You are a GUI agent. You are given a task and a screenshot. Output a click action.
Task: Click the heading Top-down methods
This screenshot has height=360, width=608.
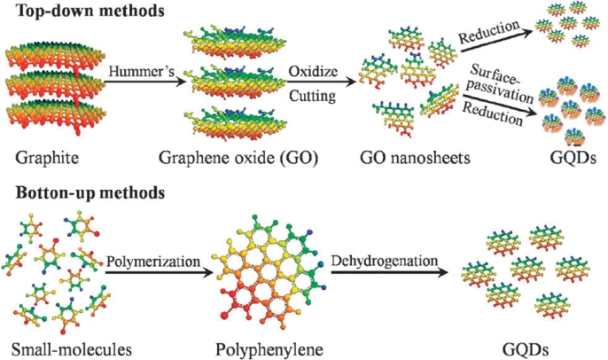coord(78,12)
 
